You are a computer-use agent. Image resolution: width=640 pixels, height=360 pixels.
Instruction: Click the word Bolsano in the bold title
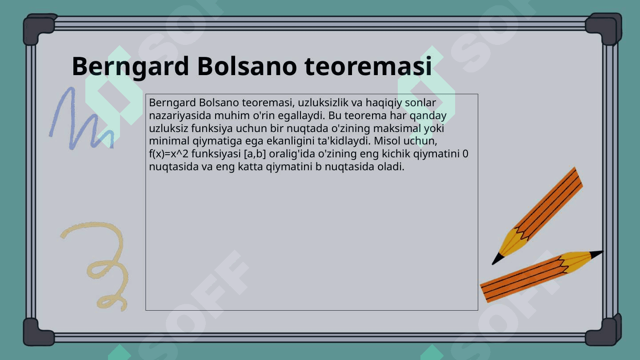247,66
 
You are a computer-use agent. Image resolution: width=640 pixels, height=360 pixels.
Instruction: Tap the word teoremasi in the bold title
368,66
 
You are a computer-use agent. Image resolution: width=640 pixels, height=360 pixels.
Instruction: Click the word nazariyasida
180,116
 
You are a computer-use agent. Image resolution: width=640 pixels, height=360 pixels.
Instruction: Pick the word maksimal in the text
397,128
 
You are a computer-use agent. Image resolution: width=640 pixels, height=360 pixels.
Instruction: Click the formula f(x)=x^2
168,154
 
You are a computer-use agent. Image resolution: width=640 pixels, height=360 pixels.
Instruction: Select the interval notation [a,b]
255,154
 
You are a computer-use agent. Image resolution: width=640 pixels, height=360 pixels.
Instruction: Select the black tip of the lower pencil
596,254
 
